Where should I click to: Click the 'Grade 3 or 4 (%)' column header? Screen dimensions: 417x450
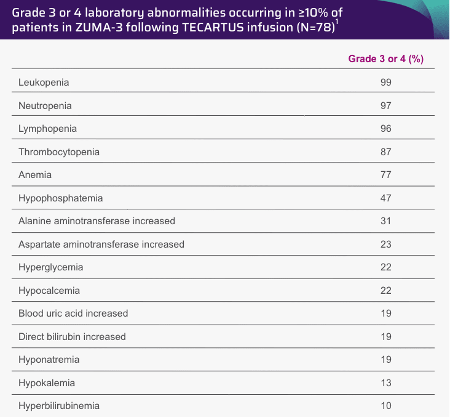[x=385, y=59]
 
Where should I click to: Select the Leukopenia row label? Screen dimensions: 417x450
[x=44, y=83]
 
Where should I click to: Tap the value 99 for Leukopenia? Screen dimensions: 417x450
[x=385, y=83]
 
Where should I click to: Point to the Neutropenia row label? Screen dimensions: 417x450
[x=45, y=106]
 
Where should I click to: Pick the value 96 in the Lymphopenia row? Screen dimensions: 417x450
[x=385, y=129]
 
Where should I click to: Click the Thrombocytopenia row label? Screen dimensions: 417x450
[x=59, y=152]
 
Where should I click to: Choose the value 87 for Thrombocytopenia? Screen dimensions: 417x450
[x=385, y=152]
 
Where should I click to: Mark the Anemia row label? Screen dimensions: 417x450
[x=35, y=175]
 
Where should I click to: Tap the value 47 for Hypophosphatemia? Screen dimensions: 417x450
[x=385, y=198]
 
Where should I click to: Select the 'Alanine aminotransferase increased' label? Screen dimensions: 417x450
[x=97, y=221]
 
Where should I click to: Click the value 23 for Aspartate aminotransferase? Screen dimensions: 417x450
[x=385, y=245]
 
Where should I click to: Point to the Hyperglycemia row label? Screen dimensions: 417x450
[x=51, y=267]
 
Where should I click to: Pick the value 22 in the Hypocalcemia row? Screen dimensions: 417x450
[x=385, y=291]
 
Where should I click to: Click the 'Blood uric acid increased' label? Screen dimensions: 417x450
[x=73, y=314]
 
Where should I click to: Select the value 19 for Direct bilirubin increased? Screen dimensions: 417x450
[x=385, y=337]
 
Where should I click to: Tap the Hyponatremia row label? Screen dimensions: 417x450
[x=49, y=360]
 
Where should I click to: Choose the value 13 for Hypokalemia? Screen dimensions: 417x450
[x=385, y=383]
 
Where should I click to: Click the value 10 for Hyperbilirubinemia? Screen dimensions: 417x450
[x=385, y=406]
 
